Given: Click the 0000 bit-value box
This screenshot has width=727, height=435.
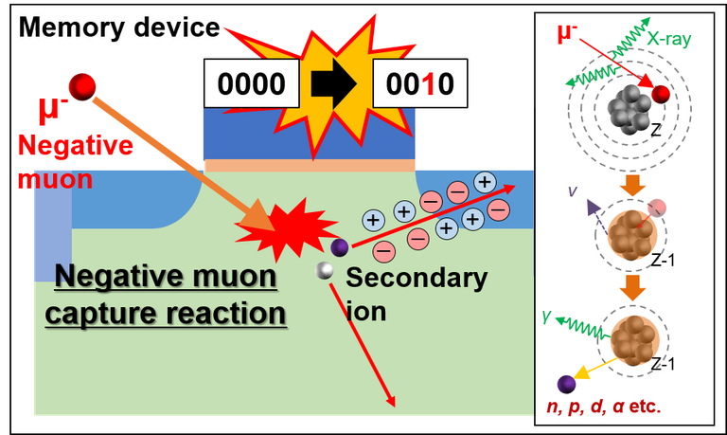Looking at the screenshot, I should [x=250, y=84].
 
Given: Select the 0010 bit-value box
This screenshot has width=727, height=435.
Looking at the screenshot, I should [x=420, y=84].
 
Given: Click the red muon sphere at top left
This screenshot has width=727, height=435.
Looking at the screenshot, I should [x=84, y=86].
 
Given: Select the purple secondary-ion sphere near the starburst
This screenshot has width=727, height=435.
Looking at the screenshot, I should [x=340, y=248].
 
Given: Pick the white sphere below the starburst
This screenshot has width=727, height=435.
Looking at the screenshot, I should [x=326, y=271].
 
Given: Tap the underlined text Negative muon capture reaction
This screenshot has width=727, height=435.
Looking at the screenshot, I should [x=167, y=295].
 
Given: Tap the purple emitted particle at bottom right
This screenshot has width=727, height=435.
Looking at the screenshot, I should [x=567, y=384].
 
